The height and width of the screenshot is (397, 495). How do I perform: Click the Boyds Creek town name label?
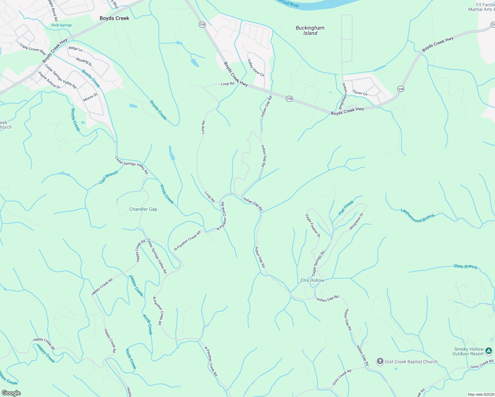click(114, 18)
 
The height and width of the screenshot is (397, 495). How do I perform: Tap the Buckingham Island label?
click(310, 30)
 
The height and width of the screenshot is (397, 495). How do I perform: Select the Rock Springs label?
click(62, 25)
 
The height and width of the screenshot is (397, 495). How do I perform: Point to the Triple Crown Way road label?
click(33, 49)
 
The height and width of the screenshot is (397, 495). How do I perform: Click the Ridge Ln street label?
click(75, 48)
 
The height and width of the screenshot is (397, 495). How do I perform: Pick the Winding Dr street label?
click(84, 62)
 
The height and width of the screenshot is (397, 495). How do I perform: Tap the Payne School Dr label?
click(49, 80)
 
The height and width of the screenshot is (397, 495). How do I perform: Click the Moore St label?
click(90, 97)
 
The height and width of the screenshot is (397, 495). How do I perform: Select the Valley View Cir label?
click(256, 68)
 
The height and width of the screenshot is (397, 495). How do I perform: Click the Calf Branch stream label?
click(109, 178)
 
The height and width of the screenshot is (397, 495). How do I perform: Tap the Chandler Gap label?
click(143, 209)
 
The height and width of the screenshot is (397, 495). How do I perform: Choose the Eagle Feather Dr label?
click(313, 226)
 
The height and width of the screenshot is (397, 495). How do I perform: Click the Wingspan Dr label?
click(356, 221)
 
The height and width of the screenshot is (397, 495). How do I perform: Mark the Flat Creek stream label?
click(346, 208)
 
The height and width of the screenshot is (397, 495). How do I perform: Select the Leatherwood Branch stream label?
click(418, 215)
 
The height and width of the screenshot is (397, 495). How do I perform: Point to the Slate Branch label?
click(465, 266)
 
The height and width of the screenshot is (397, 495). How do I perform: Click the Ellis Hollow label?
click(312, 280)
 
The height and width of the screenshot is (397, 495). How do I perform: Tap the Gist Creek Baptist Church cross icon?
click(380, 362)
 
